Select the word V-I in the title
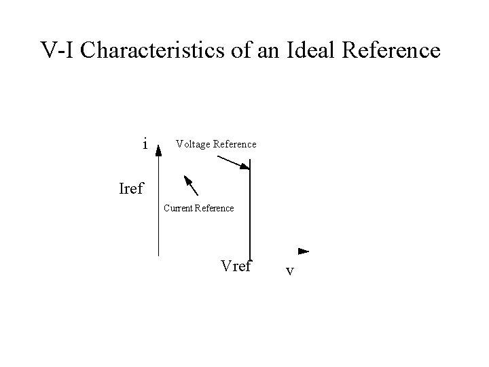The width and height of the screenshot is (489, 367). [x=60, y=50]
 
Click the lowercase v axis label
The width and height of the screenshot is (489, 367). [x=289, y=270]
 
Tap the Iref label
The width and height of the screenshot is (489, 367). [x=131, y=188]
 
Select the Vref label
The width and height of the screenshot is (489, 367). [x=236, y=266]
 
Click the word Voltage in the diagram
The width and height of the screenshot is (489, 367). [x=193, y=144]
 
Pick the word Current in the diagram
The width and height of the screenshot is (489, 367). [x=179, y=208]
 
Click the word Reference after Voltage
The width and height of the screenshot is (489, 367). [x=235, y=144]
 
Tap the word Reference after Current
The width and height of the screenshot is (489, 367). [x=215, y=208]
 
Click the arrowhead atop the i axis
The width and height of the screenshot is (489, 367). [x=159, y=150]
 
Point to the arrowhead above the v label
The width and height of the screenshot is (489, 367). [x=304, y=251]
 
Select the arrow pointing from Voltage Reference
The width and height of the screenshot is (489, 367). [x=233, y=162]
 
